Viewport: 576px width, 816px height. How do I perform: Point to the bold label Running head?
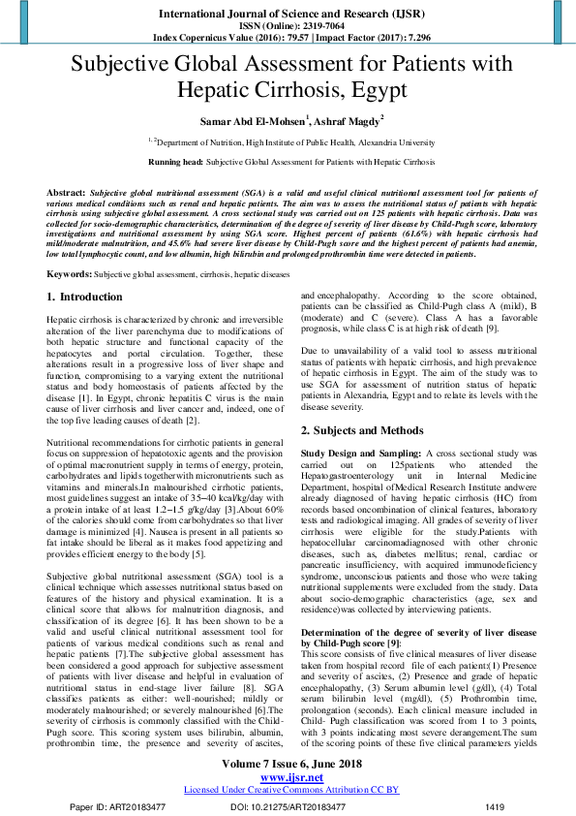[176, 161]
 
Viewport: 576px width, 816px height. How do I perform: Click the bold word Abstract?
[66, 195]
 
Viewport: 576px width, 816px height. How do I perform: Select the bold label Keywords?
[69, 275]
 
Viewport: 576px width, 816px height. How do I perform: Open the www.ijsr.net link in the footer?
[288, 778]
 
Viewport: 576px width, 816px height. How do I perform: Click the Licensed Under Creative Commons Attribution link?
[288, 790]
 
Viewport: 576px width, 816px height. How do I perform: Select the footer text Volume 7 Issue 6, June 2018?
[288, 766]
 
